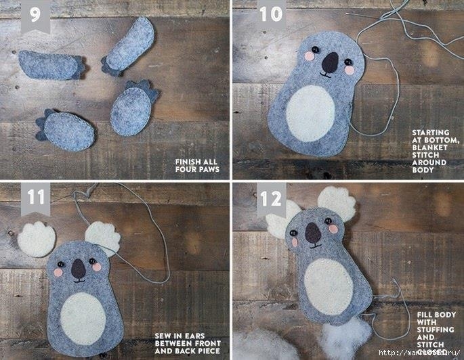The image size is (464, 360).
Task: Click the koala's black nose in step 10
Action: click(x=330, y=63)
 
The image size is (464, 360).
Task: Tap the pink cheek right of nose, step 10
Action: click(x=350, y=70)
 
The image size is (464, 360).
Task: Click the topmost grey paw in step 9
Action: click(x=131, y=44)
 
